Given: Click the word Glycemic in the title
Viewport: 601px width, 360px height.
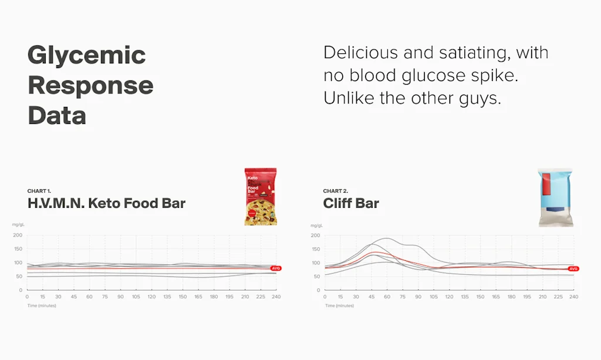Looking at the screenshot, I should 86,56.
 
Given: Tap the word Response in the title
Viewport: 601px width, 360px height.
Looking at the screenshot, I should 90,86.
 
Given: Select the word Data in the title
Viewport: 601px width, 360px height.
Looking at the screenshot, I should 57,115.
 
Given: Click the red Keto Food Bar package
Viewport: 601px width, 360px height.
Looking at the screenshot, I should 261,197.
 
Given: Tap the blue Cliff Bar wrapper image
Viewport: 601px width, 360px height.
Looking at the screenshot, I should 555,197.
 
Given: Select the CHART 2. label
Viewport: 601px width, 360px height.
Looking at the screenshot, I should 336,191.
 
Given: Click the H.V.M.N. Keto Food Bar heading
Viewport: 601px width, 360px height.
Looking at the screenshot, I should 106,204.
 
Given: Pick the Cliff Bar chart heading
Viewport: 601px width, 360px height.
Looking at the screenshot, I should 351,204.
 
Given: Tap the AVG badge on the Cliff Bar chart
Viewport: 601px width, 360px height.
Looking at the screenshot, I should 573,268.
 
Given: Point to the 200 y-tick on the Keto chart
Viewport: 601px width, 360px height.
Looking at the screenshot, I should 18,235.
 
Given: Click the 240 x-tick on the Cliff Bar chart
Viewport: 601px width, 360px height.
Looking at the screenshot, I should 573,297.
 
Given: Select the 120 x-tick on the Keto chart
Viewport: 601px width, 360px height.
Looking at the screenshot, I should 152,297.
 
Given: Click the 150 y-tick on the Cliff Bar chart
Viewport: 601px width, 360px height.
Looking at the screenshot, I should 316,249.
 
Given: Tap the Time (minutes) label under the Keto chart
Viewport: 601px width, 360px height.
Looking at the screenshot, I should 40,306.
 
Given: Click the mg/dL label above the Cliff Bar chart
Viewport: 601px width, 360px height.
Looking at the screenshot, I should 316,226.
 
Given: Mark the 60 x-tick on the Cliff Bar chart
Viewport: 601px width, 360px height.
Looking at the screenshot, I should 387,297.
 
